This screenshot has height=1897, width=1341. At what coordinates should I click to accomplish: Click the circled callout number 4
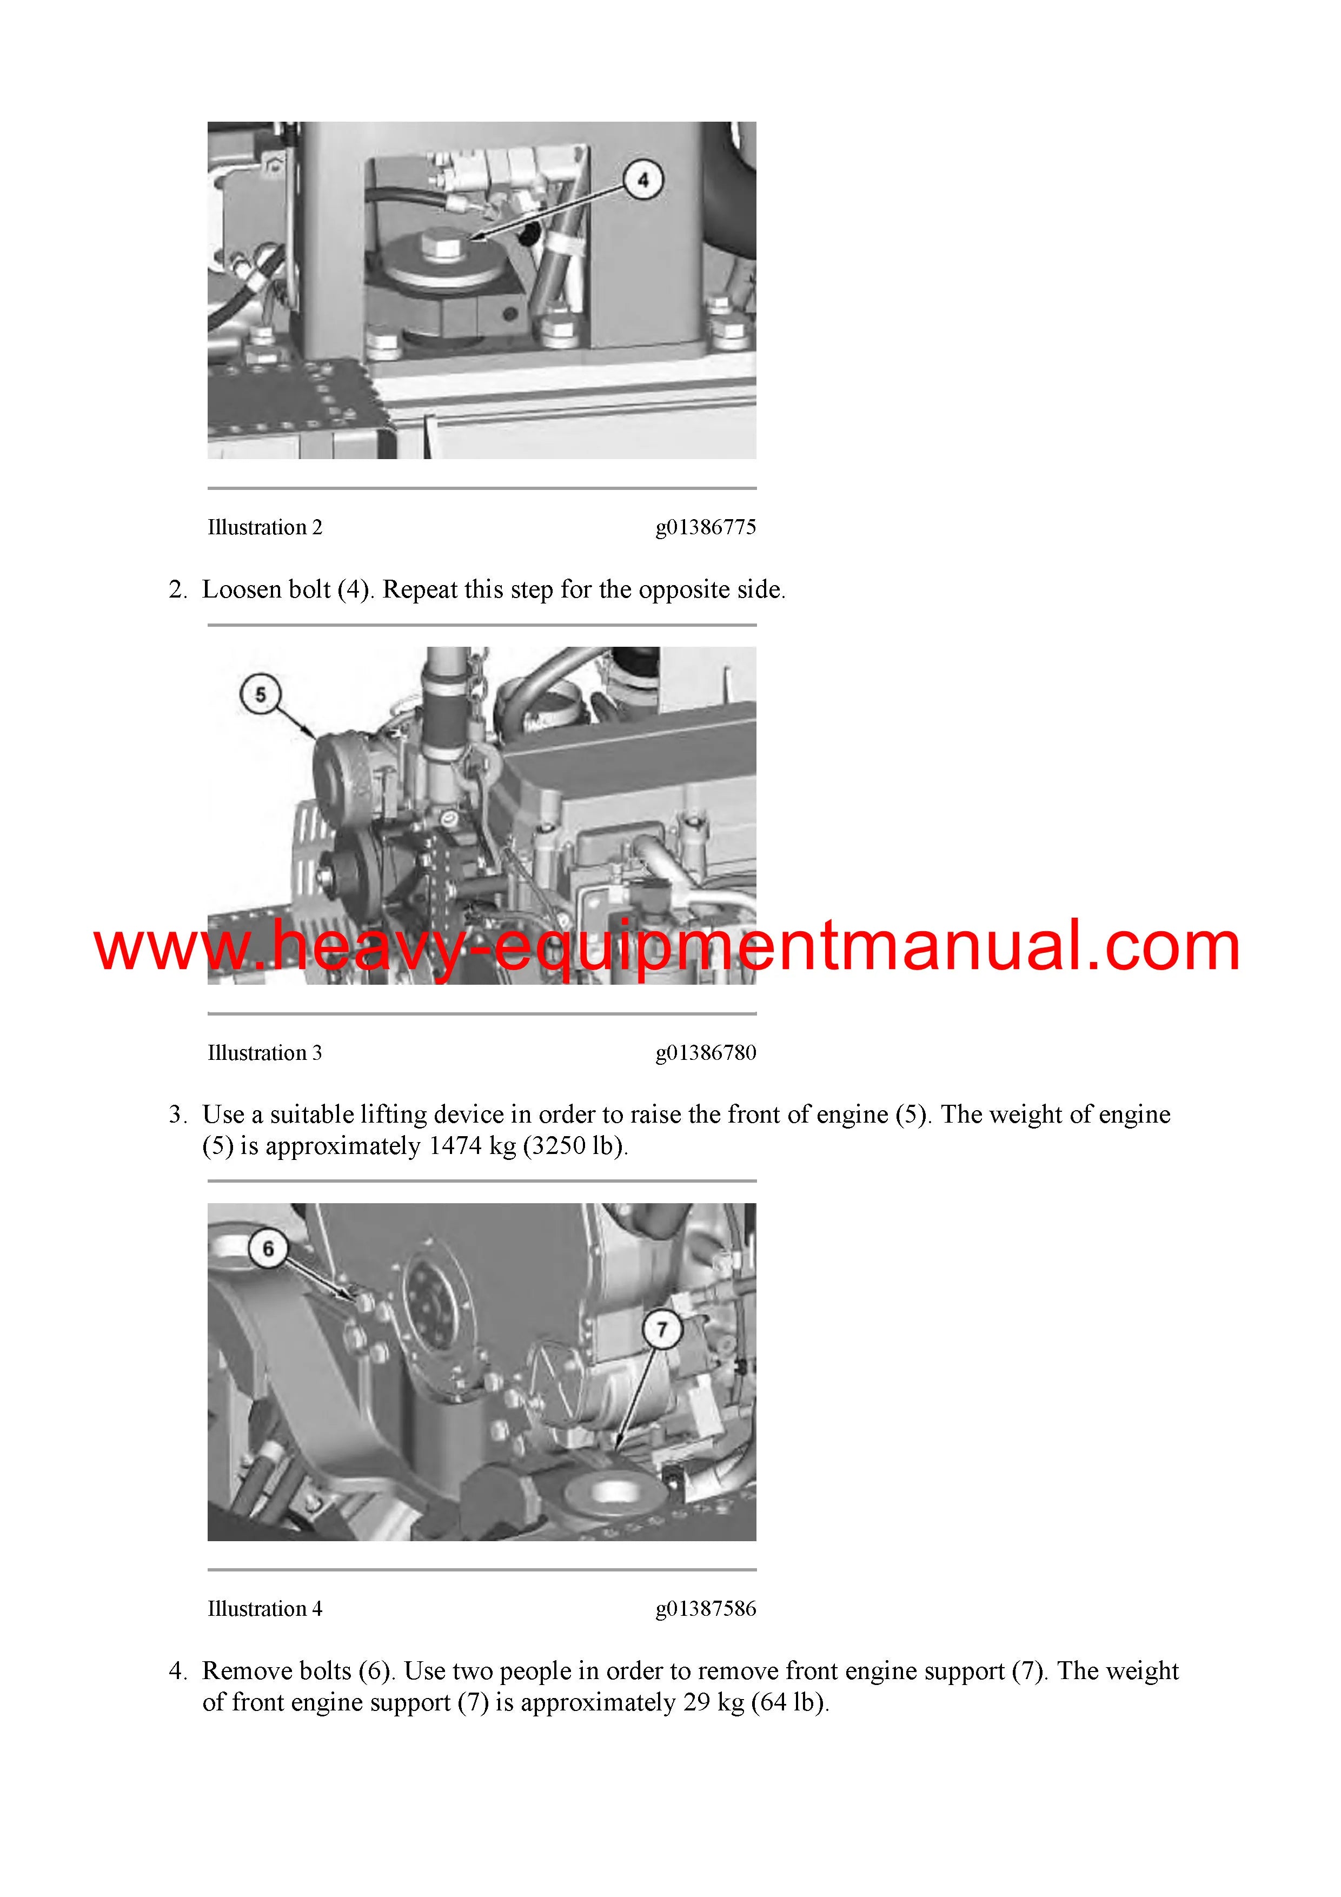click(643, 180)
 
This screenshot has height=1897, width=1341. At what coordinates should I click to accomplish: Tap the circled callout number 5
click(260, 694)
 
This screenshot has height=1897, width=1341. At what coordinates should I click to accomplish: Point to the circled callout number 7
click(662, 1329)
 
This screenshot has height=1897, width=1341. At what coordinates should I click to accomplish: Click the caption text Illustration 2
click(265, 527)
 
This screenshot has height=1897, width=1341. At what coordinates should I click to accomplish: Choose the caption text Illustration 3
click(265, 1053)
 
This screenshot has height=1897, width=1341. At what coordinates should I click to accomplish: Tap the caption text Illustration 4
click(265, 1609)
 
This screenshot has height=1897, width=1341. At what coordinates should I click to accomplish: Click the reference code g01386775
click(706, 528)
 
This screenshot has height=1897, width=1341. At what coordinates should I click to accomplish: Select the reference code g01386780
click(706, 1053)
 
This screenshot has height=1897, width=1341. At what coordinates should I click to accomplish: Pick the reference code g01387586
click(706, 1609)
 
